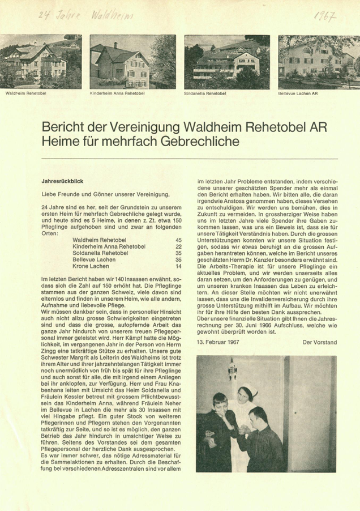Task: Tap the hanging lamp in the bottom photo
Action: coord(231,371)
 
